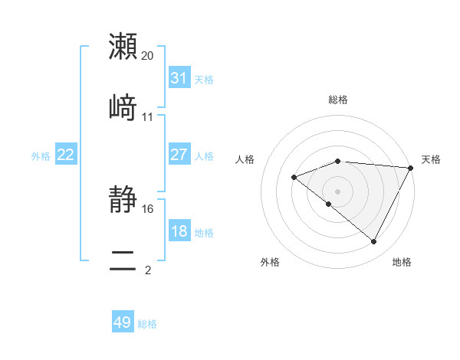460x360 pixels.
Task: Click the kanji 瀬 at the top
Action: (123, 46)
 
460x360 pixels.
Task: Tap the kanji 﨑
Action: (123, 108)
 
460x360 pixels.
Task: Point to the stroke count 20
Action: (148, 56)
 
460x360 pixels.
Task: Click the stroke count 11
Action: (148, 117)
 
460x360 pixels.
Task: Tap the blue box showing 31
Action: (179, 78)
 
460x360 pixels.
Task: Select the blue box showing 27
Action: (179, 155)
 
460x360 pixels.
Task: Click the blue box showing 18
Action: (179, 231)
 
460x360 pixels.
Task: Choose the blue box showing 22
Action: (66, 155)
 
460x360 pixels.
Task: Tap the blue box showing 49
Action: (123, 322)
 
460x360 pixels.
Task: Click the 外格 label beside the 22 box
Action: (41, 155)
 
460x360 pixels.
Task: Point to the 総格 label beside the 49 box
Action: (147, 324)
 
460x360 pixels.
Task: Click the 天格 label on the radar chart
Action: (431, 159)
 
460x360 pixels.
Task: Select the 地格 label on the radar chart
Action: (402, 262)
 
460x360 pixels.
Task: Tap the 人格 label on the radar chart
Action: (245, 159)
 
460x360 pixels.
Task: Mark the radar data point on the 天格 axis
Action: (411, 168)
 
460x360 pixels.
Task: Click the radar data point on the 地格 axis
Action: (374, 242)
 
